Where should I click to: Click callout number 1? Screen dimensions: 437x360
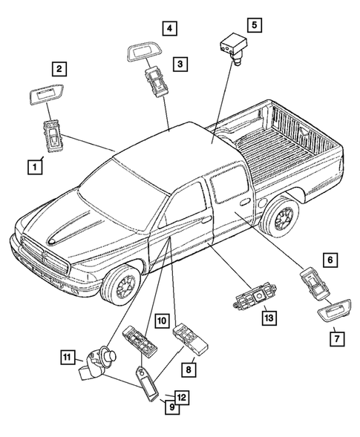(33, 166)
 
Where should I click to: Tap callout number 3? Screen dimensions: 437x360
(179, 65)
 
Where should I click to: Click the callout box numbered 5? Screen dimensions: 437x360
(254, 24)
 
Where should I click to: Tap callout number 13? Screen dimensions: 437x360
(268, 318)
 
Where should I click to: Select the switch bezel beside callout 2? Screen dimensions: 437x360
(50, 96)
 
